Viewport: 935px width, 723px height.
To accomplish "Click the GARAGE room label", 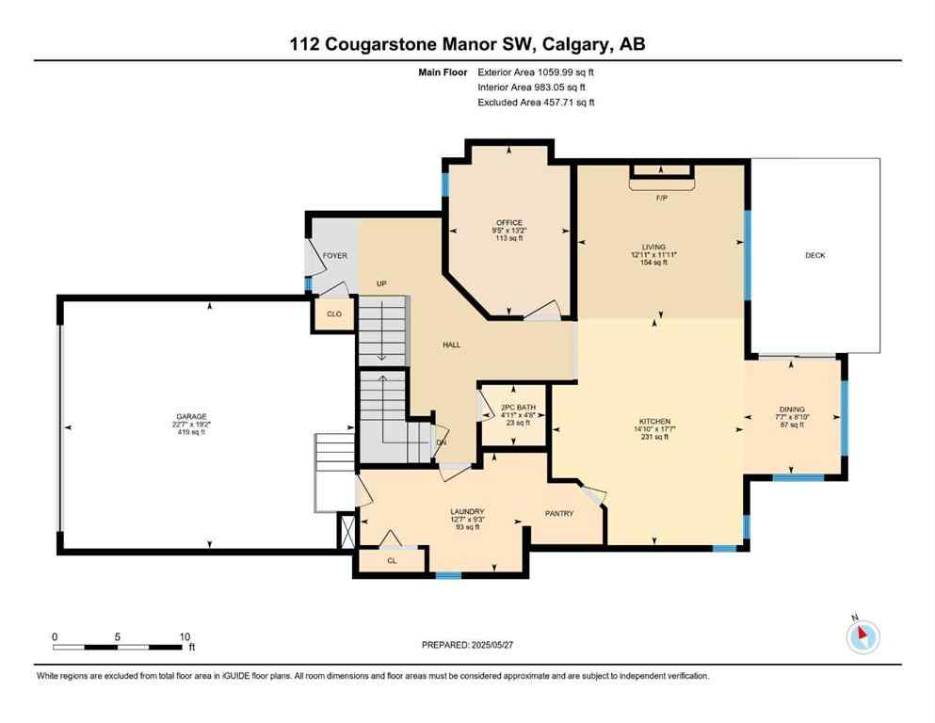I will pyautogui.click(x=190, y=416).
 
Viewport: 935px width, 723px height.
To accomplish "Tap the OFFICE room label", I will pyautogui.click(x=509, y=223).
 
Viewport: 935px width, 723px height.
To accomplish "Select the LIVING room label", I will pyautogui.click(x=653, y=247).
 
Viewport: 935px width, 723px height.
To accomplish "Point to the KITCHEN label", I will pyautogui.click(x=653, y=421).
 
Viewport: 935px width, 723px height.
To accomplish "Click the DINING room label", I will pyautogui.click(x=790, y=410).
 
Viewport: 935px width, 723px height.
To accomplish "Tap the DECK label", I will pyautogui.click(x=814, y=255).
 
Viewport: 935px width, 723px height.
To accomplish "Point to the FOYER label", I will pyautogui.click(x=335, y=255).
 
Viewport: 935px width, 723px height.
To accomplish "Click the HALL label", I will pyautogui.click(x=452, y=345).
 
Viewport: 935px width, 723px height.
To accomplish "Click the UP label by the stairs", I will pyautogui.click(x=382, y=283).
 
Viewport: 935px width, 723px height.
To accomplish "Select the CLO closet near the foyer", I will pyautogui.click(x=334, y=315).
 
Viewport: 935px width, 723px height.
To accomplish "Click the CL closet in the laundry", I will pyautogui.click(x=393, y=560).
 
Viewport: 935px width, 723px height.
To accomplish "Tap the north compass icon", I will pyautogui.click(x=862, y=637).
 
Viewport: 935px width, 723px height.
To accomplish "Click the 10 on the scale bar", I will pyautogui.click(x=185, y=635).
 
